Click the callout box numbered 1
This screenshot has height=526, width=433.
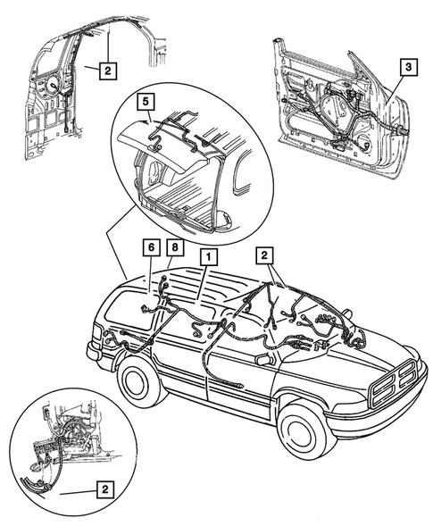pos(207,256)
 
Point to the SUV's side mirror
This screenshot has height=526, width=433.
pos(264,358)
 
